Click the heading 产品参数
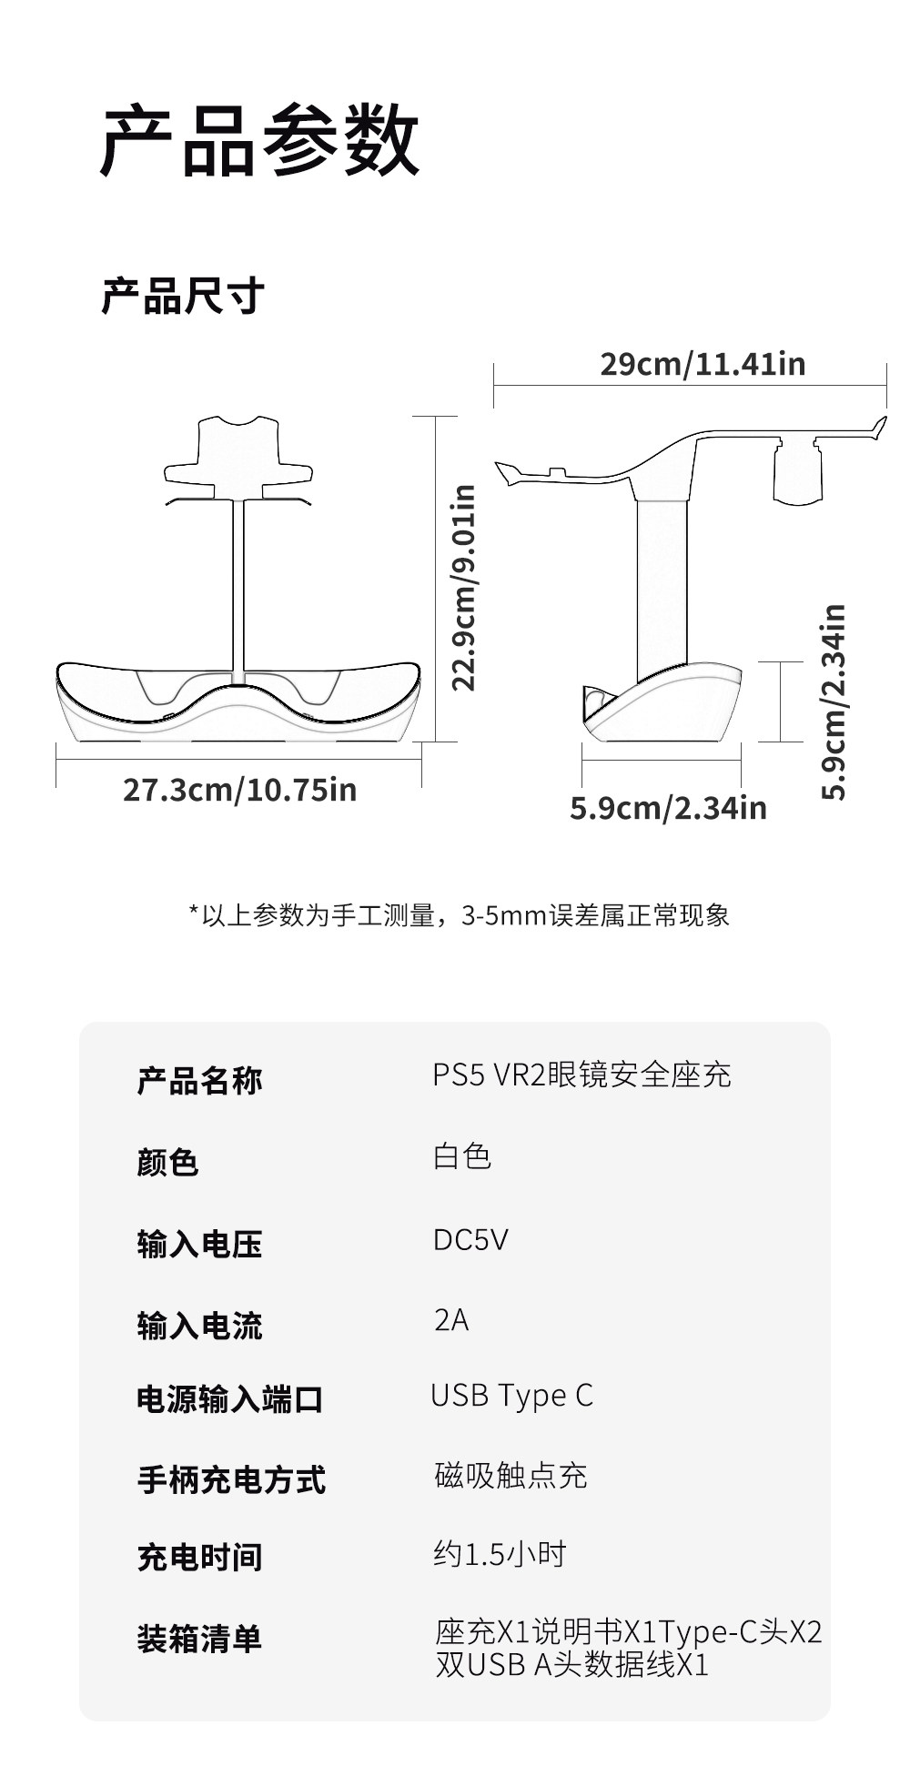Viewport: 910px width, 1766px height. click(259, 141)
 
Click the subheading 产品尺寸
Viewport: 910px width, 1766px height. click(182, 296)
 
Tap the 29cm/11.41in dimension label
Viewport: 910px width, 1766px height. click(703, 364)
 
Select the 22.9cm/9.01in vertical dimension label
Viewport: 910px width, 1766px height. click(464, 588)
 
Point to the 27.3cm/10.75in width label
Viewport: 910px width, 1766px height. click(239, 790)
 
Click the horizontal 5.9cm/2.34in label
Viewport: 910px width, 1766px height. click(668, 808)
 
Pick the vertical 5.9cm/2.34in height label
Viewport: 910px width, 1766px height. click(834, 701)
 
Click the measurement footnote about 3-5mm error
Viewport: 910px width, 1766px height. click(459, 915)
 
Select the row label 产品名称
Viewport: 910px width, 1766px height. click(199, 1081)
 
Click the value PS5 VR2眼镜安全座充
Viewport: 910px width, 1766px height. click(581, 1075)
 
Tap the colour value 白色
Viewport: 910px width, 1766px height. click(462, 1156)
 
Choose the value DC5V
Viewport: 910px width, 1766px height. click(470, 1239)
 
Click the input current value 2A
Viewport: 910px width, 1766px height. click(450, 1319)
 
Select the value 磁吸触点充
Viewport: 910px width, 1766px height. click(511, 1476)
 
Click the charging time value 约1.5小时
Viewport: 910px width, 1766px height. click(500, 1554)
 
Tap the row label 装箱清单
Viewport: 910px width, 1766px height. click(199, 1639)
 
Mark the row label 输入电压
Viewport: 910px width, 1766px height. click(199, 1244)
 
